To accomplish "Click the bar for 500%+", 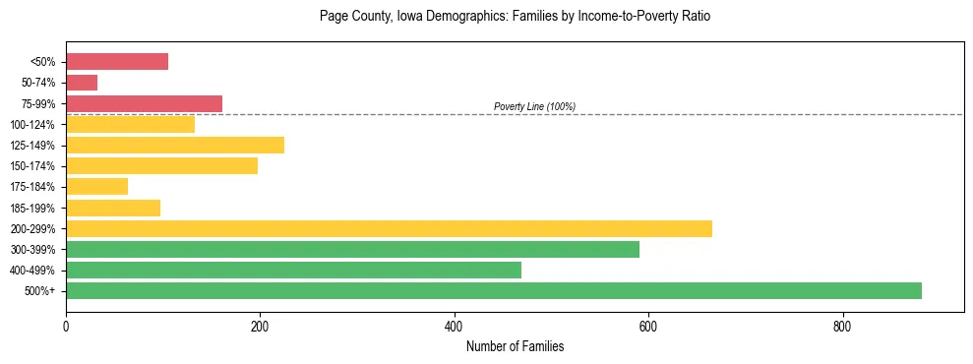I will [x=493, y=290].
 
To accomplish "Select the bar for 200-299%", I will [x=389, y=228].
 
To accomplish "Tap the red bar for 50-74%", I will [x=82, y=83].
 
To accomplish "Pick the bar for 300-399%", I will [x=352, y=249].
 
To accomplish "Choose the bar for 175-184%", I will [x=96, y=187].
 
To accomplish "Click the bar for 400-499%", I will [x=293, y=270].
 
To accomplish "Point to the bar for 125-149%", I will [x=175, y=146].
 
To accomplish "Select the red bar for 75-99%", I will [x=144, y=103].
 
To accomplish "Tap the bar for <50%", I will [x=117, y=62].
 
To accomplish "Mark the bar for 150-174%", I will [x=161, y=166].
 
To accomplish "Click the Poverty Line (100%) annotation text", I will [x=534, y=106].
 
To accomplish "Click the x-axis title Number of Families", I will [x=515, y=346].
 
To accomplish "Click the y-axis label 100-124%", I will [x=32, y=125].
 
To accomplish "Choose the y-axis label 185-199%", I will [x=32, y=208].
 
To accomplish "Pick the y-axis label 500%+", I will [x=39, y=291].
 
